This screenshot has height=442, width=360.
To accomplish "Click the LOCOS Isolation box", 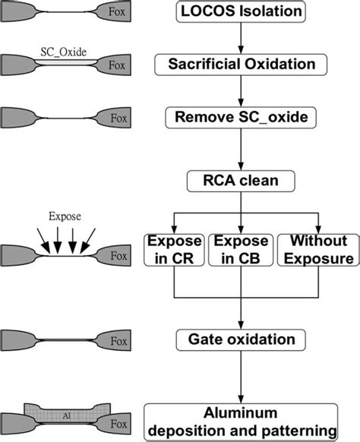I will pyautogui.click(x=240, y=12).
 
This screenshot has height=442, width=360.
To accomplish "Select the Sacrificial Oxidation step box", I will pyautogui.click(x=240, y=65).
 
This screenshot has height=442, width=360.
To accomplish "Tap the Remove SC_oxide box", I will pyautogui.click(x=240, y=118).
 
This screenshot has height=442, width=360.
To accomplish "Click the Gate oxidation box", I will pyautogui.click(x=240, y=338).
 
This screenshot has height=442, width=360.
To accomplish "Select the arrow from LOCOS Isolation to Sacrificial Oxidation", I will pyautogui.click(x=240, y=38).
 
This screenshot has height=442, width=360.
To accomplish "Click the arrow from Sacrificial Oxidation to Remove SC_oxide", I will pyautogui.click(x=240, y=91).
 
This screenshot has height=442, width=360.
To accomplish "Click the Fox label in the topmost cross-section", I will pyautogui.click(x=116, y=13).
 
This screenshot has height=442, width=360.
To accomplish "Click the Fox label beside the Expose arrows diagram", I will pyautogui.click(x=116, y=256).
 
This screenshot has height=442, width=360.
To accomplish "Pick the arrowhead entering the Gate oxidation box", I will pyautogui.click(x=240, y=323).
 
